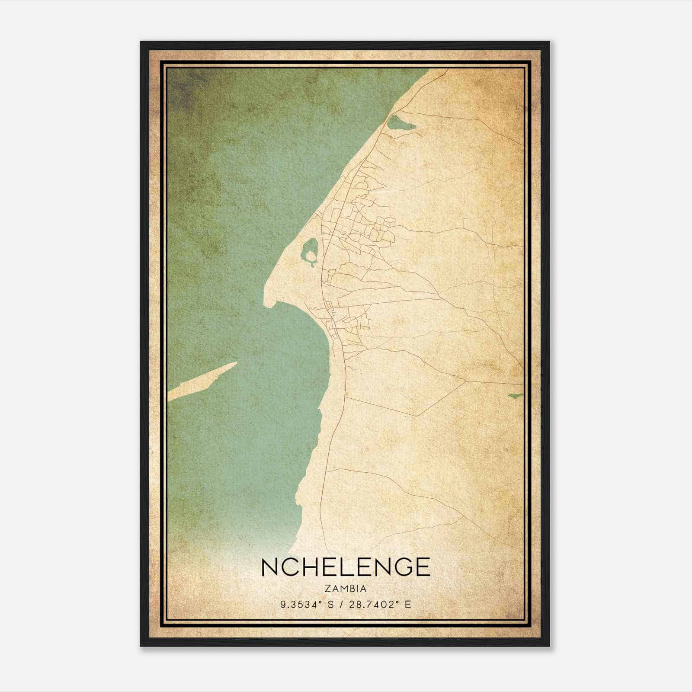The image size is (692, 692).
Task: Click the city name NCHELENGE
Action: pos(346,567)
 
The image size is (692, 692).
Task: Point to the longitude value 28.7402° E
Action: pos(381,605)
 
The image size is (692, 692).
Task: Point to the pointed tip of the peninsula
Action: pos(266,303)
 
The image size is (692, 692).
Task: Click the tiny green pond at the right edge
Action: pos(515,395)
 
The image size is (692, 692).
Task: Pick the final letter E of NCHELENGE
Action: pos(422,567)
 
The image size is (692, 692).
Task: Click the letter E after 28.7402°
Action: pos(407,605)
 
